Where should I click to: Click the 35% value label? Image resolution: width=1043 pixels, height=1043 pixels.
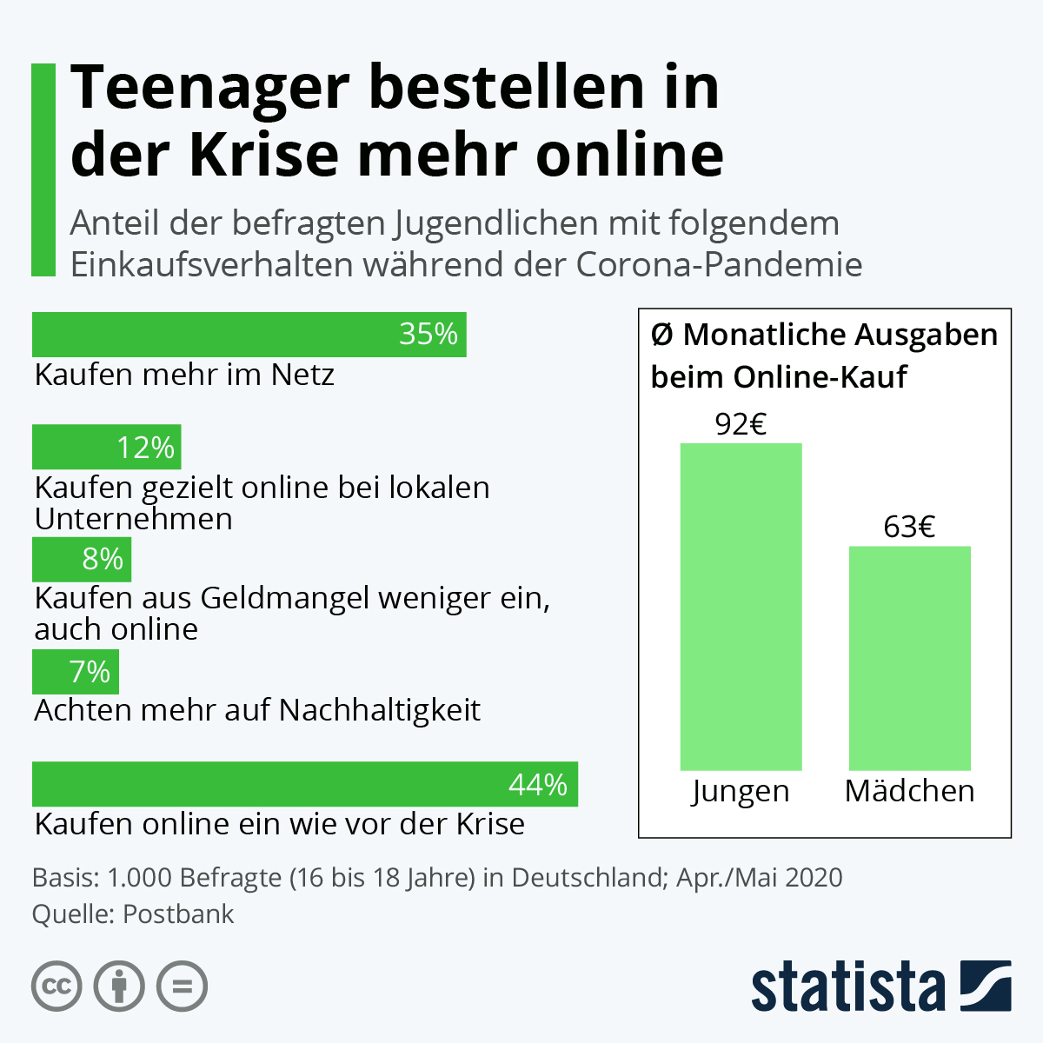pos(428,335)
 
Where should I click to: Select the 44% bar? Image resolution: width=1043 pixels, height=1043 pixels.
pos(304,784)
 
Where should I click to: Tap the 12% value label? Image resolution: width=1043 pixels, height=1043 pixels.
pos(146,448)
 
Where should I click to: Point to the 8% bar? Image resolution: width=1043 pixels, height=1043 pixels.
pos(81,559)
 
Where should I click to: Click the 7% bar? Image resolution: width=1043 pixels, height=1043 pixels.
pos(75,672)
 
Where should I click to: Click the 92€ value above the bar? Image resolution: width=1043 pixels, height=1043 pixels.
pos(741,424)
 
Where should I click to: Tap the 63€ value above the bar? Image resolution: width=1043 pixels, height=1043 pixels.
pos(909,528)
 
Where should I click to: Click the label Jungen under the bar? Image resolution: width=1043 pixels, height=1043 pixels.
pos(741,791)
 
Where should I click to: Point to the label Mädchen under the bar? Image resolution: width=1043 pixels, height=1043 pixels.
pos(909,791)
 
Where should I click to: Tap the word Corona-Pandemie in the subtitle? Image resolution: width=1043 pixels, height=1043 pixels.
pos(719,264)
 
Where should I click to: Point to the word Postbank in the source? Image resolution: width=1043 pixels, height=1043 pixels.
pos(178,914)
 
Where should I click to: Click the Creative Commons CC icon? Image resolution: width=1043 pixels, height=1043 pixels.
pos(57,987)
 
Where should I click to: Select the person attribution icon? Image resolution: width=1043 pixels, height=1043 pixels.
pos(119,987)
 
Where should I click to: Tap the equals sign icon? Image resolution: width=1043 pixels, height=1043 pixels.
pos(182,987)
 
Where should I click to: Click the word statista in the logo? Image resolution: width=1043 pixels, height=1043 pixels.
pos(848,987)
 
